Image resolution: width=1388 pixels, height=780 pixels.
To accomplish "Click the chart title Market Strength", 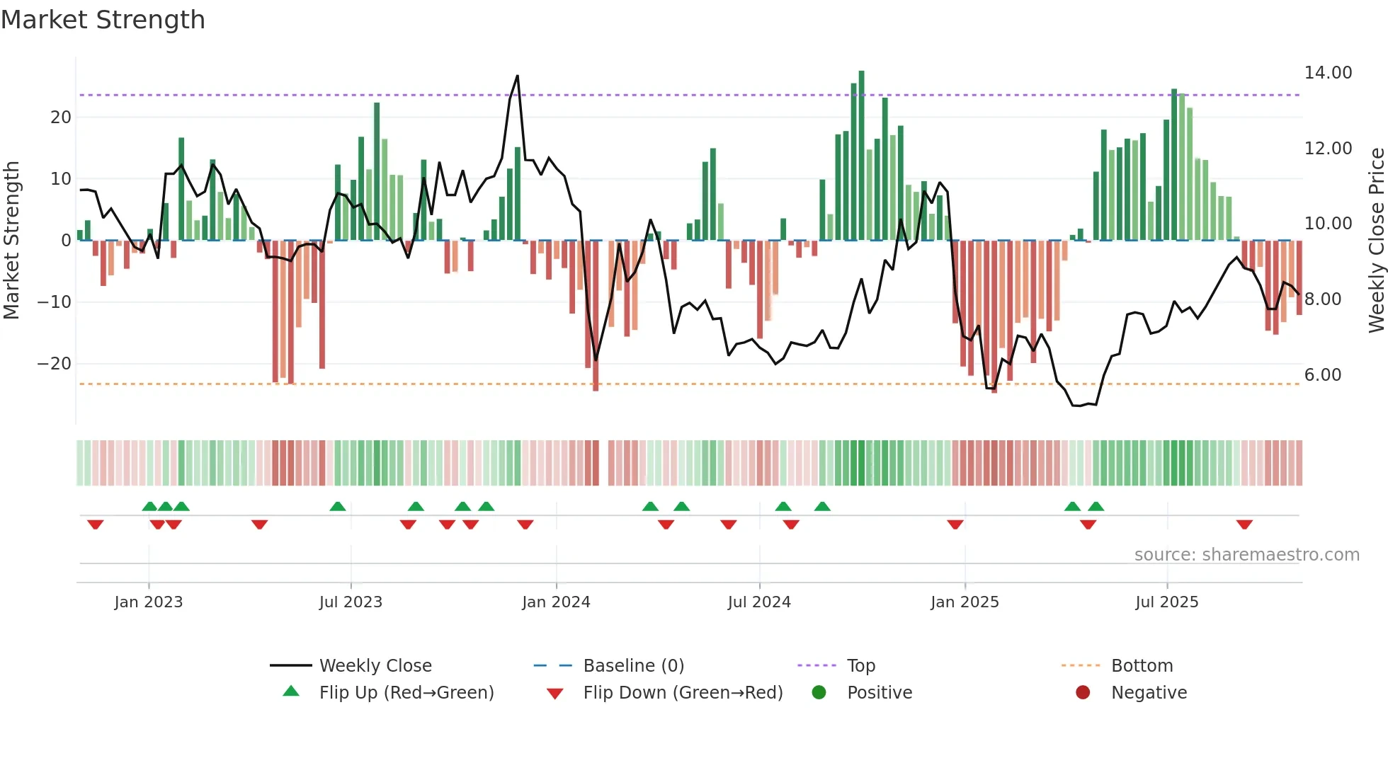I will click(x=103, y=20).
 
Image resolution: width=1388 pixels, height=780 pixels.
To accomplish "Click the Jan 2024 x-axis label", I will click(x=556, y=602).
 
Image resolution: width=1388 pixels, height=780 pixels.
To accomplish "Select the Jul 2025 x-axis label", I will click(x=1166, y=602).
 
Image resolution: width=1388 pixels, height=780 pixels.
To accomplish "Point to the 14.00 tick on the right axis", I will click(x=1328, y=73).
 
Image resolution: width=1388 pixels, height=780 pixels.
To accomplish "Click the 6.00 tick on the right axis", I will click(x=1323, y=375).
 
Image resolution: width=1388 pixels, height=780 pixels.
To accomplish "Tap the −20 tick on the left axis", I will click(x=54, y=364).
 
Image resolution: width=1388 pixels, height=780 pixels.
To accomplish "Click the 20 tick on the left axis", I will click(x=61, y=117).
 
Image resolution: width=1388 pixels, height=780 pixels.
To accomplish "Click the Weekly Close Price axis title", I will click(x=1376, y=241).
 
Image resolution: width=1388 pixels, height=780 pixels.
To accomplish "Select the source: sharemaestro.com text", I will click(x=1246, y=555).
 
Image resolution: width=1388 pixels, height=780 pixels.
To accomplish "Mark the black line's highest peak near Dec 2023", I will click(x=518, y=76).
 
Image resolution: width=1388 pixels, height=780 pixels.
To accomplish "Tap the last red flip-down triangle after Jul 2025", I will click(x=1244, y=524).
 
